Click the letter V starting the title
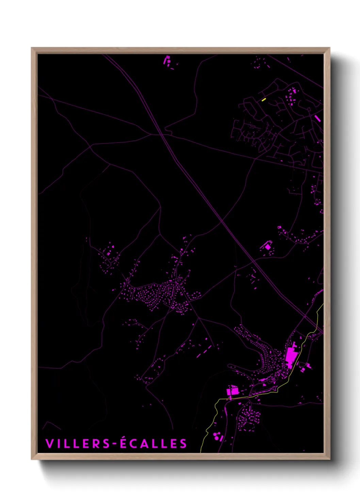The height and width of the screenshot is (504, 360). (x=49, y=444)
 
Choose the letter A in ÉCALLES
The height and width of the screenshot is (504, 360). (x=143, y=444)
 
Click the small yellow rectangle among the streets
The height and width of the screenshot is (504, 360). (x=264, y=99)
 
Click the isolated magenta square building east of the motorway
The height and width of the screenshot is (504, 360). (x=268, y=246)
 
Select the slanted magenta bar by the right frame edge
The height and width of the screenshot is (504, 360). (x=317, y=118)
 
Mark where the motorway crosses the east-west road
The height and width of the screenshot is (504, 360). (x=164, y=135)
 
